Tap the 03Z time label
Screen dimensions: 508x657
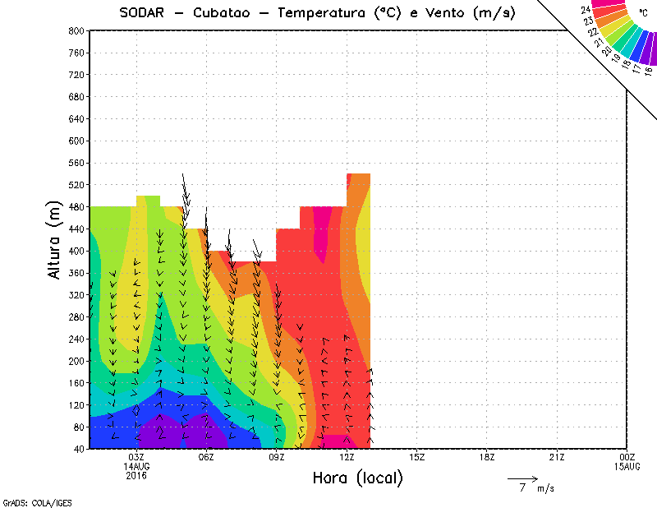click(136, 457)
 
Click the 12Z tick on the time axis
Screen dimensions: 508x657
click(347, 457)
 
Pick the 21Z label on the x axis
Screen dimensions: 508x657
click(557, 457)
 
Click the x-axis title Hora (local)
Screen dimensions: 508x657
click(358, 478)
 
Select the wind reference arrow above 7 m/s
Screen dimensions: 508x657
click(522, 478)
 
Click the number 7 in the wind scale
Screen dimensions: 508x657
click(522, 488)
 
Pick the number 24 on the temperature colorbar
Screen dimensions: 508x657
click(586, 10)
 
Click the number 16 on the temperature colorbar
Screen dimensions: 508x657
click(649, 72)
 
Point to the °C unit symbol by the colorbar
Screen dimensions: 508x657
click(642, 12)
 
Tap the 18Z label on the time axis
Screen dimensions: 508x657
click(487, 457)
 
